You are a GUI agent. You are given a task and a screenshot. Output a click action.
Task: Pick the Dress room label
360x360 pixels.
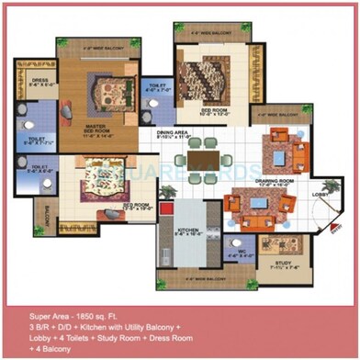coord(39,80)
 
